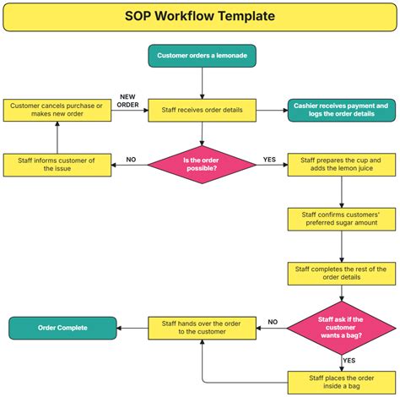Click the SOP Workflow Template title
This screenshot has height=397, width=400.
point(200,16)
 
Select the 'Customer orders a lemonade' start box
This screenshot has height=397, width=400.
point(203,56)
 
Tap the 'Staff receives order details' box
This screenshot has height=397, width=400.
point(203,111)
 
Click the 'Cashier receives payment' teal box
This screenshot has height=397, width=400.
point(341,111)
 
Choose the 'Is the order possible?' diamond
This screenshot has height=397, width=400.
point(202,164)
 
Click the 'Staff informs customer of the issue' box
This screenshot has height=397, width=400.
point(57,164)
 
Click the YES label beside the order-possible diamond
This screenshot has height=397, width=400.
point(269,159)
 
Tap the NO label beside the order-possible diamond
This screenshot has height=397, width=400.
point(131,159)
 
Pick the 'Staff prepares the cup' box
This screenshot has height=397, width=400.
point(341,164)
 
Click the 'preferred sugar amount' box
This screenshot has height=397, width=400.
point(341,219)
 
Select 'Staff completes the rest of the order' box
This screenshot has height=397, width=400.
point(341,274)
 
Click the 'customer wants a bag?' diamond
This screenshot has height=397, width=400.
point(341,328)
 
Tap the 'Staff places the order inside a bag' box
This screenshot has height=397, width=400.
point(341,382)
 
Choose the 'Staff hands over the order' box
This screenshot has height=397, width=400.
point(203,328)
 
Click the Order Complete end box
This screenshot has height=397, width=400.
point(62,328)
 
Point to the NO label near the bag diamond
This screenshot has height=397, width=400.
point(273,322)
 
